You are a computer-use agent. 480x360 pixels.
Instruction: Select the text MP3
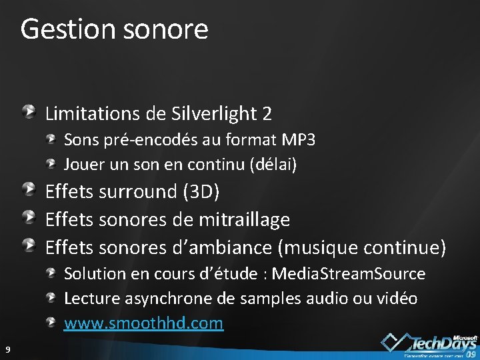click(299, 140)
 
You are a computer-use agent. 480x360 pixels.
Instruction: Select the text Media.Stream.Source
click(349, 273)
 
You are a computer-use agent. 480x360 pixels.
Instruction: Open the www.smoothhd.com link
click(143, 323)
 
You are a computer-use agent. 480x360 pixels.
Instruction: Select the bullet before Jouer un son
click(52, 162)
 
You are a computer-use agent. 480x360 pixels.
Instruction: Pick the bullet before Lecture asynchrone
click(52, 297)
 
